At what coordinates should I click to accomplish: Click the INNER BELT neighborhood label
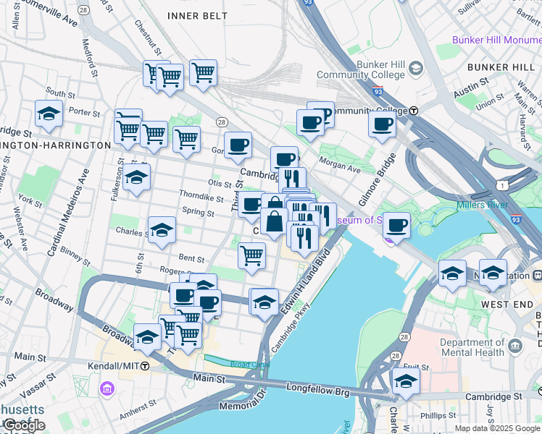pos(192,15)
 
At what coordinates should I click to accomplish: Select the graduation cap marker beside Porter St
pos(49,114)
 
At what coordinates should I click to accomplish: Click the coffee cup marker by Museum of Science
pos(396,226)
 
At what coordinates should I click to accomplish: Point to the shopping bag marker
pos(275,221)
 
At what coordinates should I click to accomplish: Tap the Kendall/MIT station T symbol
pos(145,367)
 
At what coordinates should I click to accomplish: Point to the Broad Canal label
pos(249,365)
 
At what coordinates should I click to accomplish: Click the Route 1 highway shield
pos(501,185)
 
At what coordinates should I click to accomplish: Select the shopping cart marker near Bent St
pos(251,255)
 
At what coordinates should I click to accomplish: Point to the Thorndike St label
pos(201,197)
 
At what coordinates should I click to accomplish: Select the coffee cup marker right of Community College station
pos(382,124)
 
